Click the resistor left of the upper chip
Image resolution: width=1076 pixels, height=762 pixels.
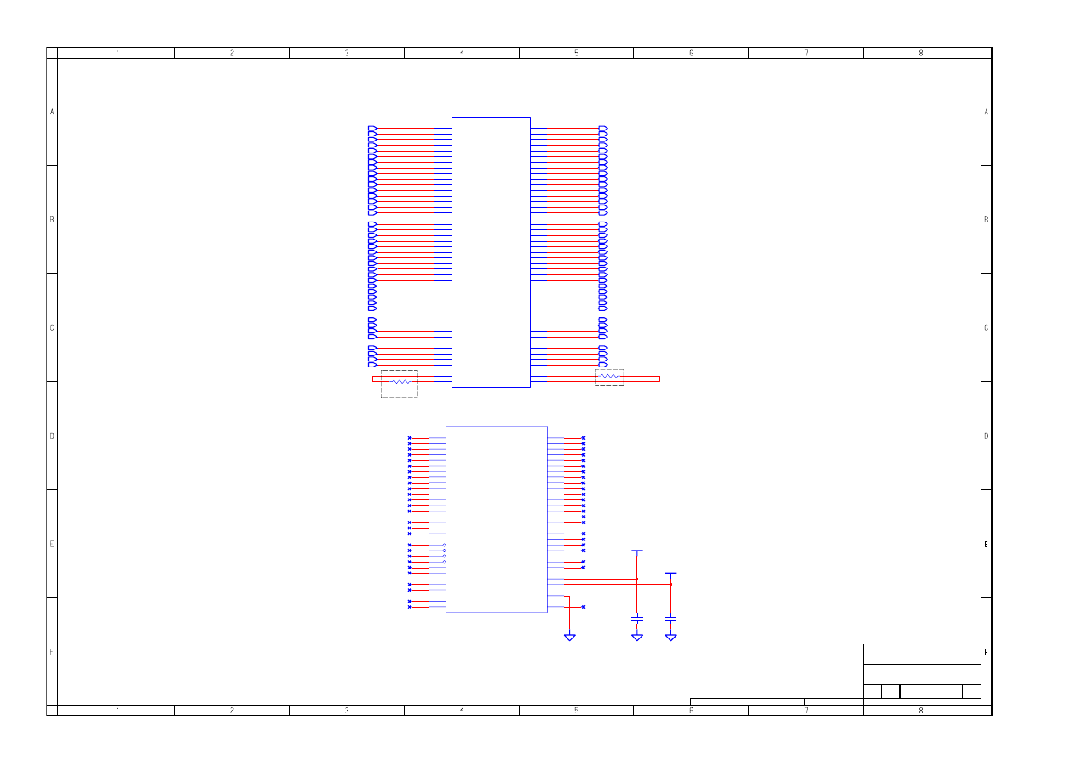[x=401, y=382]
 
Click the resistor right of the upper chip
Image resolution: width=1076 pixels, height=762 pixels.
[x=609, y=376]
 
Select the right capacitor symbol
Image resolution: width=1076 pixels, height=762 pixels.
[x=671, y=619]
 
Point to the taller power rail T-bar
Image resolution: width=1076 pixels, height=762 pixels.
[x=637, y=551]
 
